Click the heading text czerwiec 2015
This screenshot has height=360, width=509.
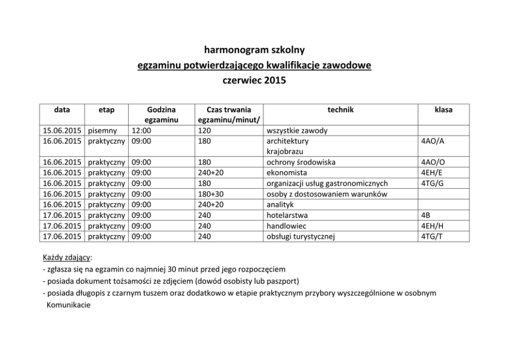coord(254,81)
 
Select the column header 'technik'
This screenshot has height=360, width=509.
coord(341,110)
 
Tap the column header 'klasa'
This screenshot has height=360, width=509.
coord(443,110)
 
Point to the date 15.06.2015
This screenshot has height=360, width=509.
coord(63,130)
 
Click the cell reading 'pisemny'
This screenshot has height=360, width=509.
coord(103,130)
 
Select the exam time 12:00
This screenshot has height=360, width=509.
coord(141,130)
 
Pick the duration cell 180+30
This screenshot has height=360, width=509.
coord(210,194)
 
